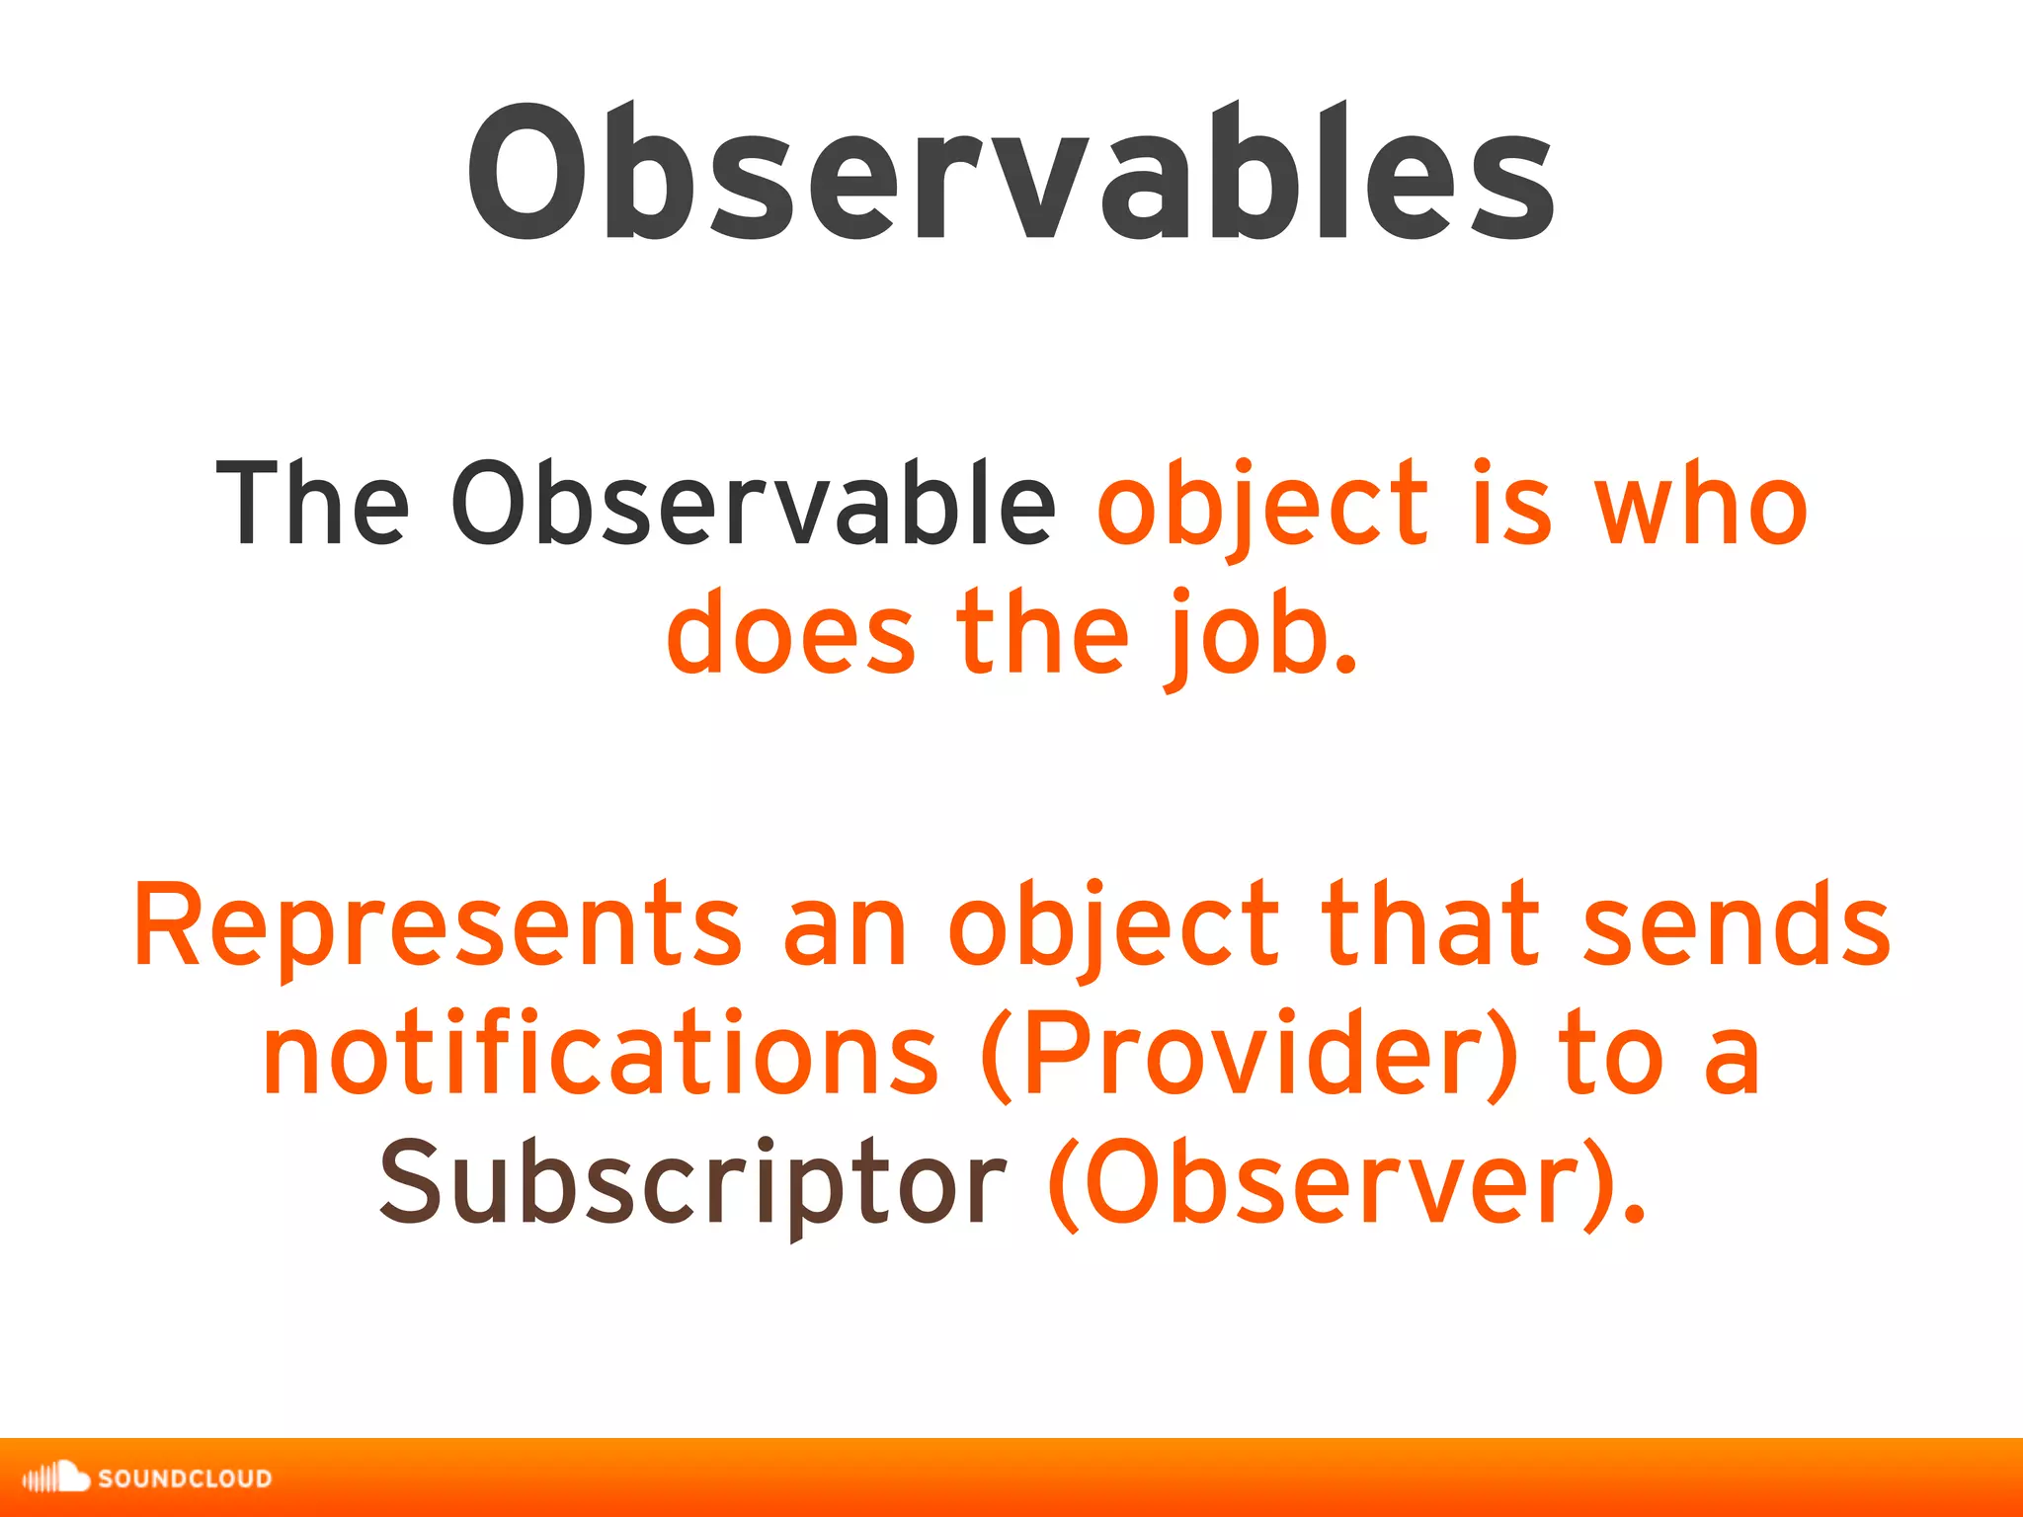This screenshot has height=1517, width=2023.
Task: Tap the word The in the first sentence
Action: coord(312,504)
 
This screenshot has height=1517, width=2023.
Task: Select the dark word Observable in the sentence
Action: coord(754,504)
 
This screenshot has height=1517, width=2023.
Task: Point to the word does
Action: coord(790,632)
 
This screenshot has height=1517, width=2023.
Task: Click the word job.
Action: coord(1259,637)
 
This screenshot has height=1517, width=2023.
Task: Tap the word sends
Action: coord(1736,924)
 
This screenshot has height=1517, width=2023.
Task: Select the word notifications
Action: coord(601,1054)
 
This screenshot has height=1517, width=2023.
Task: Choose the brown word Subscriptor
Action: coord(692,1182)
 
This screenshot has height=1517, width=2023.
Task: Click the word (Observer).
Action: coord(1345,1182)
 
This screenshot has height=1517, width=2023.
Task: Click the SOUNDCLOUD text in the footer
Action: coord(185,1478)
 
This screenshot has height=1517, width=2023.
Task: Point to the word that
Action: coord(1430,924)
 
